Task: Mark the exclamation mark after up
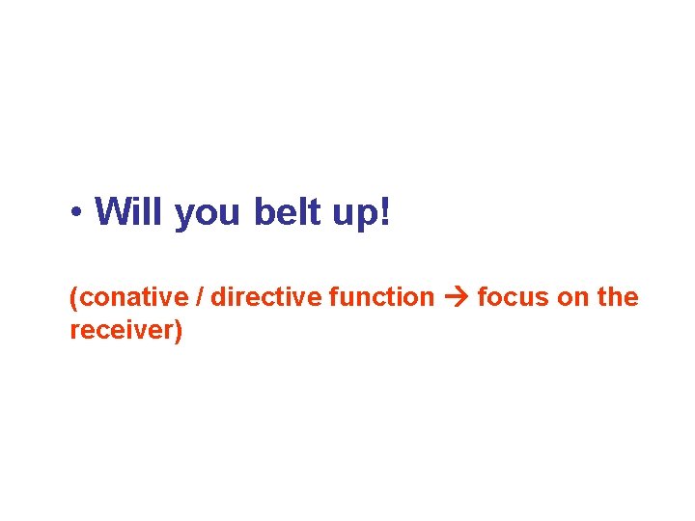point(386,211)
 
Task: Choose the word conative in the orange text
point(132,297)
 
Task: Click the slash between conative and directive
point(200,297)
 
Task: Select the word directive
point(265,297)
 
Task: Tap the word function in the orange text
point(381,297)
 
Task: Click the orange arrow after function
point(456,298)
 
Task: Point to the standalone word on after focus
point(572,298)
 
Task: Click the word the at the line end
point(618,297)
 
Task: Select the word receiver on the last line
point(122,331)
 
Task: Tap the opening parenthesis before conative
point(73,298)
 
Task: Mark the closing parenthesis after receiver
point(178,332)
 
